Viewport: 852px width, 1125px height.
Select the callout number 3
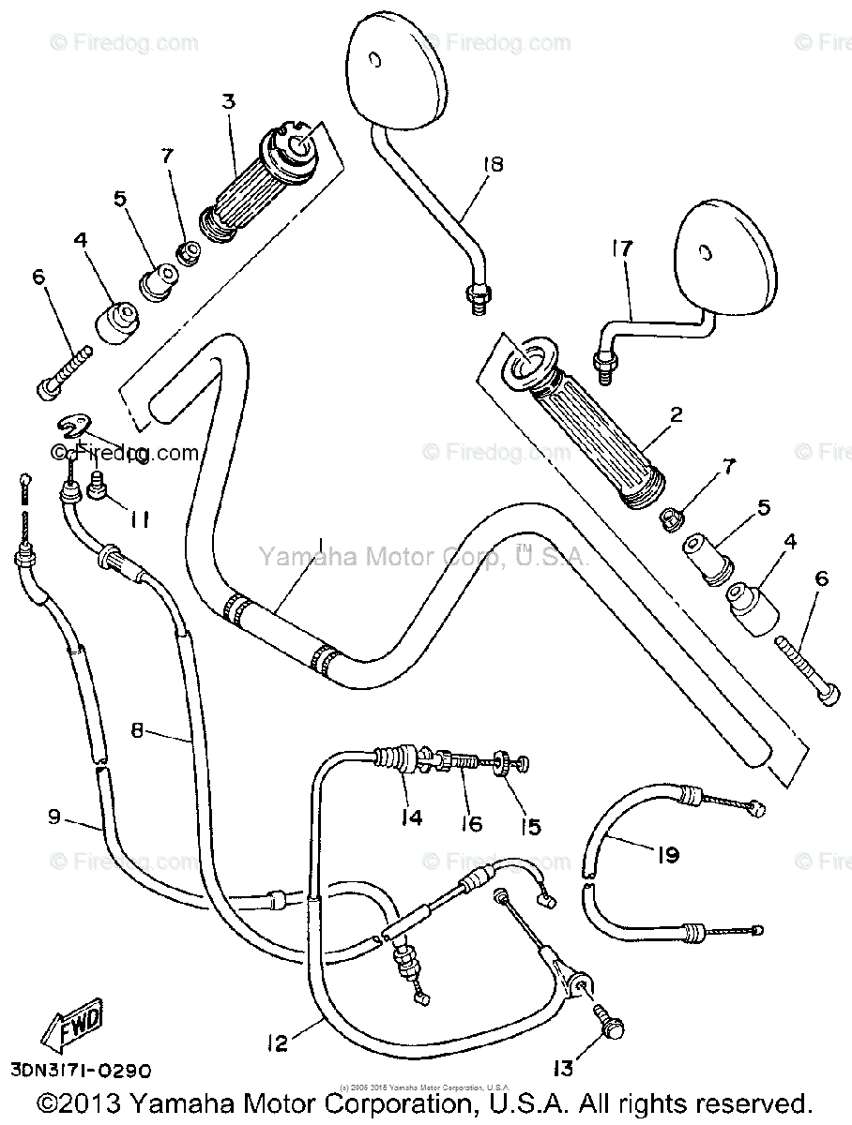228,101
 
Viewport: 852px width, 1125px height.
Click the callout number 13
563,1070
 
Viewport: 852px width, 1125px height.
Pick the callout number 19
667,854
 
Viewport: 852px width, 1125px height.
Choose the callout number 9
54,817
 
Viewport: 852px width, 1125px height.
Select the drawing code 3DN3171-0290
81,1070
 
